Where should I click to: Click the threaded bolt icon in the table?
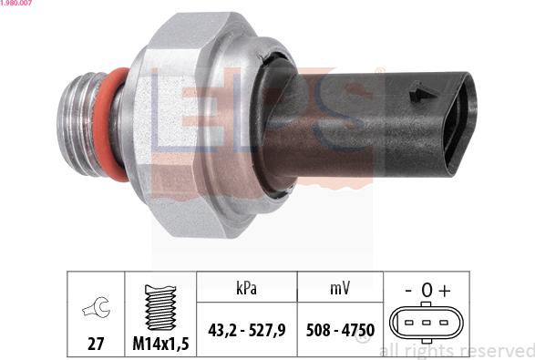[x=159, y=305]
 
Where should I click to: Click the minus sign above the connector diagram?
[x=406, y=291]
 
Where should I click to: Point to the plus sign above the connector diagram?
[x=444, y=291]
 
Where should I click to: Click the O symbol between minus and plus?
[x=426, y=291]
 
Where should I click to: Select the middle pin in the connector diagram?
[x=425, y=323]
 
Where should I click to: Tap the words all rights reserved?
[x=456, y=351]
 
